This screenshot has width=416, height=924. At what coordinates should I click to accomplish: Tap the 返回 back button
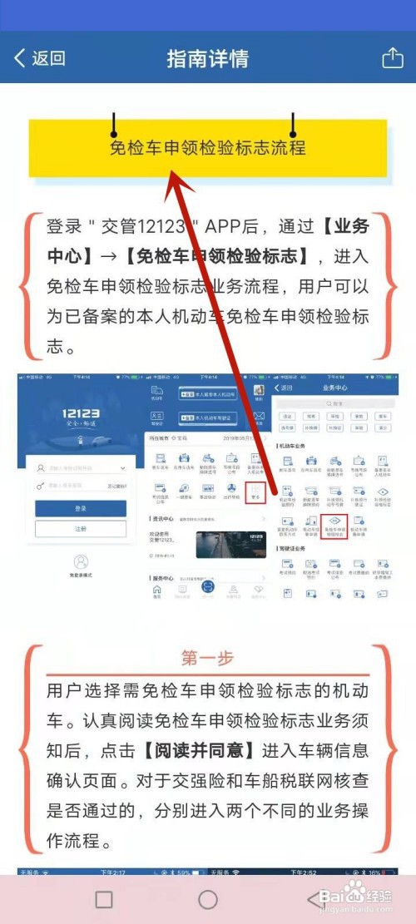coord(40,58)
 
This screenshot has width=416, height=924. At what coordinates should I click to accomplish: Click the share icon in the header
coord(392,57)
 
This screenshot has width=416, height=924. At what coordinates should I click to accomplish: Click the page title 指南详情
coord(207,59)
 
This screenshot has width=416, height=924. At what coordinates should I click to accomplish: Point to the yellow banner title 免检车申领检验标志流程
coord(208,148)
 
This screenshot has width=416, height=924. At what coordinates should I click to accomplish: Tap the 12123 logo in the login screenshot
coord(81,418)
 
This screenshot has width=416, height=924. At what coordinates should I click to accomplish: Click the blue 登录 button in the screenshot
coord(81,508)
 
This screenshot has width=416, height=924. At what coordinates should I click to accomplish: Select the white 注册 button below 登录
coord(81,529)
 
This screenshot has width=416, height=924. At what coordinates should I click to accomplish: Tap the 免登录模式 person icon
coord(81,563)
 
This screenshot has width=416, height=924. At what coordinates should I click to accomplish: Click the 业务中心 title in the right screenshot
coord(336,388)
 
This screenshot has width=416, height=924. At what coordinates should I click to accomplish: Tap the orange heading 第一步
coord(207,659)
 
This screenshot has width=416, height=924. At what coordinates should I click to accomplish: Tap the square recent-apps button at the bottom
coord(104,899)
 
